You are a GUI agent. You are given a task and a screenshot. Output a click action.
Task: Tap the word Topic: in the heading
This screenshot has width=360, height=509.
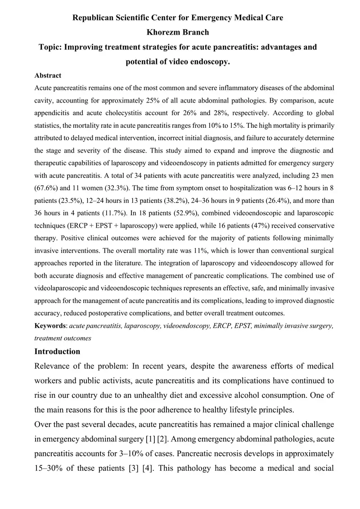pos(51,47)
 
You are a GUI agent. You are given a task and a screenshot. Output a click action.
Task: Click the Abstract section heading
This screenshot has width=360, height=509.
pos(48,76)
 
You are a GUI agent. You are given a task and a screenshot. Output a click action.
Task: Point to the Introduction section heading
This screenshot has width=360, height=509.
pos(57,351)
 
